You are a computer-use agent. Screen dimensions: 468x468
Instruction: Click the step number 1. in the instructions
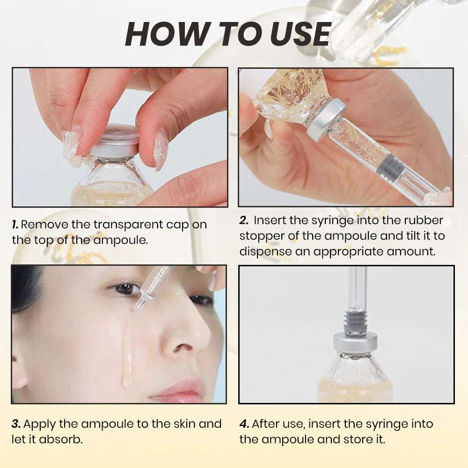(15, 224)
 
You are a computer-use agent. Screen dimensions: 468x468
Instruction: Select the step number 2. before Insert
(244, 220)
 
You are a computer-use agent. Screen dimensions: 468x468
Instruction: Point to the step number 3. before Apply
(16, 424)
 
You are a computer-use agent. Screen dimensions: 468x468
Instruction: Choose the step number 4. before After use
(244, 424)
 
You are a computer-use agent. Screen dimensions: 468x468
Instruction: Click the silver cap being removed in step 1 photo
(115, 141)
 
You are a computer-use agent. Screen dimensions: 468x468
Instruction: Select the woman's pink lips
(180, 389)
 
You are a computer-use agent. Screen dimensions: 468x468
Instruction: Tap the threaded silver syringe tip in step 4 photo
(356, 320)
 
